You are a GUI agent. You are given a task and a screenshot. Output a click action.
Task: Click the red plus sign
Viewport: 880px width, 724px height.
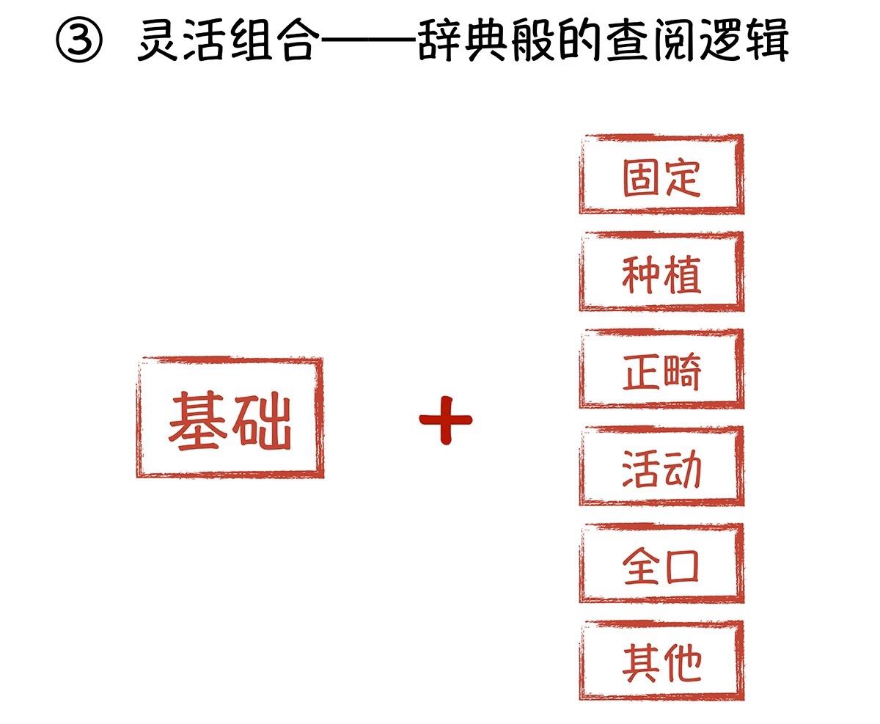(445, 420)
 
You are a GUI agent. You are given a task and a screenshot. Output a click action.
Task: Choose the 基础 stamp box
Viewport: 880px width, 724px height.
(230, 417)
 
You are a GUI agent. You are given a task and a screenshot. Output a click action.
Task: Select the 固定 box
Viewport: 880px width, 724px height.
(661, 175)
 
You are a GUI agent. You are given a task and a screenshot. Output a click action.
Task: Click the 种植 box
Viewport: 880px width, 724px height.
(661, 272)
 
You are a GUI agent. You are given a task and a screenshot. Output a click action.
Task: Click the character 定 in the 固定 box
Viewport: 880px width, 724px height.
(682, 176)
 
